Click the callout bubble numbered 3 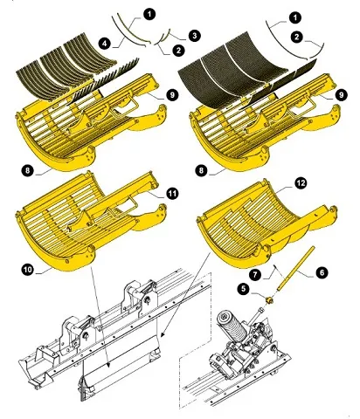tap(195, 36)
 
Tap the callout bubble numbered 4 tap(105, 44)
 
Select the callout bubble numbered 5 tap(244, 289)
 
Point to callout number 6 tap(322, 272)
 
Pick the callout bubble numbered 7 tap(256, 275)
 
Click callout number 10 tap(28, 270)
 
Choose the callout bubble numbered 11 tap(172, 193)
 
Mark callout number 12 tap(301, 183)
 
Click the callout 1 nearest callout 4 tap(149, 14)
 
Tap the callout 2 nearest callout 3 tap(178, 51)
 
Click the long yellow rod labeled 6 tap(296, 268)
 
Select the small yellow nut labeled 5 tap(270, 299)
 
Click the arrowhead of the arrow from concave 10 tap(108, 365)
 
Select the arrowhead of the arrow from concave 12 tap(162, 334)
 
